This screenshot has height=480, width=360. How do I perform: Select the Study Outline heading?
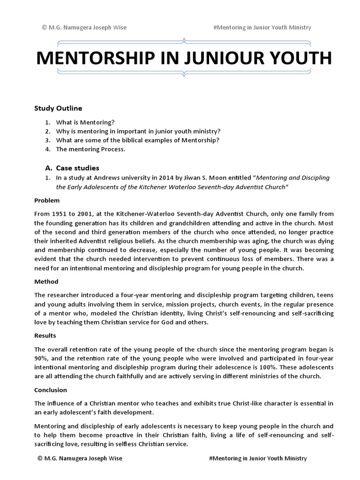coord(58,108)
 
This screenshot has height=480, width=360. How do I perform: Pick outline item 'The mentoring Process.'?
coord(91,150)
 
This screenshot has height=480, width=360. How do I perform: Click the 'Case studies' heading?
coord(78,168)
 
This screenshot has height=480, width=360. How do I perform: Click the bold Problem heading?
coord(47,200)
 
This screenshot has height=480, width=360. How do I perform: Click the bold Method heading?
coord(46,282)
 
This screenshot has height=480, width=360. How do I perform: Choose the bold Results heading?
coord(45,336)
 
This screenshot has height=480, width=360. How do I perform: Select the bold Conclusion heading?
coord(51,390)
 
